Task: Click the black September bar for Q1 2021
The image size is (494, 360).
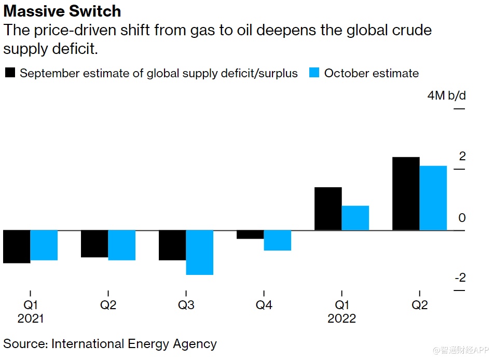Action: tap(17, 246)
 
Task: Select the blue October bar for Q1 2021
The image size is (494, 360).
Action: tap(44, 245)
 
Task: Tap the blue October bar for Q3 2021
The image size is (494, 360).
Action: tap(199, 252)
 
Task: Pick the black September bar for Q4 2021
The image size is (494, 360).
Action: tap(250, 234)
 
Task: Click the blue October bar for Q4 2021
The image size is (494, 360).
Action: tap(277, 240)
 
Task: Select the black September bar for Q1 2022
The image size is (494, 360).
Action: tap(328, 209)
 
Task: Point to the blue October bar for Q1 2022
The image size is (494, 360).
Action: tap(355, 218)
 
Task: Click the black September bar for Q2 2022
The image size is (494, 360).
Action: tap(406, 193)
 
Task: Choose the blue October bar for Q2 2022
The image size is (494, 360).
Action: tap(433, 198)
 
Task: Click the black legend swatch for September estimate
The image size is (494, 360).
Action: tap(10, 73)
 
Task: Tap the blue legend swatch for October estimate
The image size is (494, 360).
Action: tap(314, 73)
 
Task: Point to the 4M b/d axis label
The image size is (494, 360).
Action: tap(446, 96)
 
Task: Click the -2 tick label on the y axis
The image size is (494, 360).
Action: tap(460, 278)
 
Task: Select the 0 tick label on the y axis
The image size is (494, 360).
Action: tap(462, 218)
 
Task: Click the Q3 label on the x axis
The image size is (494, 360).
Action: tap(186, 305)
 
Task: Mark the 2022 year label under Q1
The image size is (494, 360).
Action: tap(341, 319)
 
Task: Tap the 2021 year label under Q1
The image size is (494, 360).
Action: tap(31, 319)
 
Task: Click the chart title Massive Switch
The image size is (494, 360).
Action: tap(62, 11)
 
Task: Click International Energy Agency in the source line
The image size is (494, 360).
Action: tap(134, 343)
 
